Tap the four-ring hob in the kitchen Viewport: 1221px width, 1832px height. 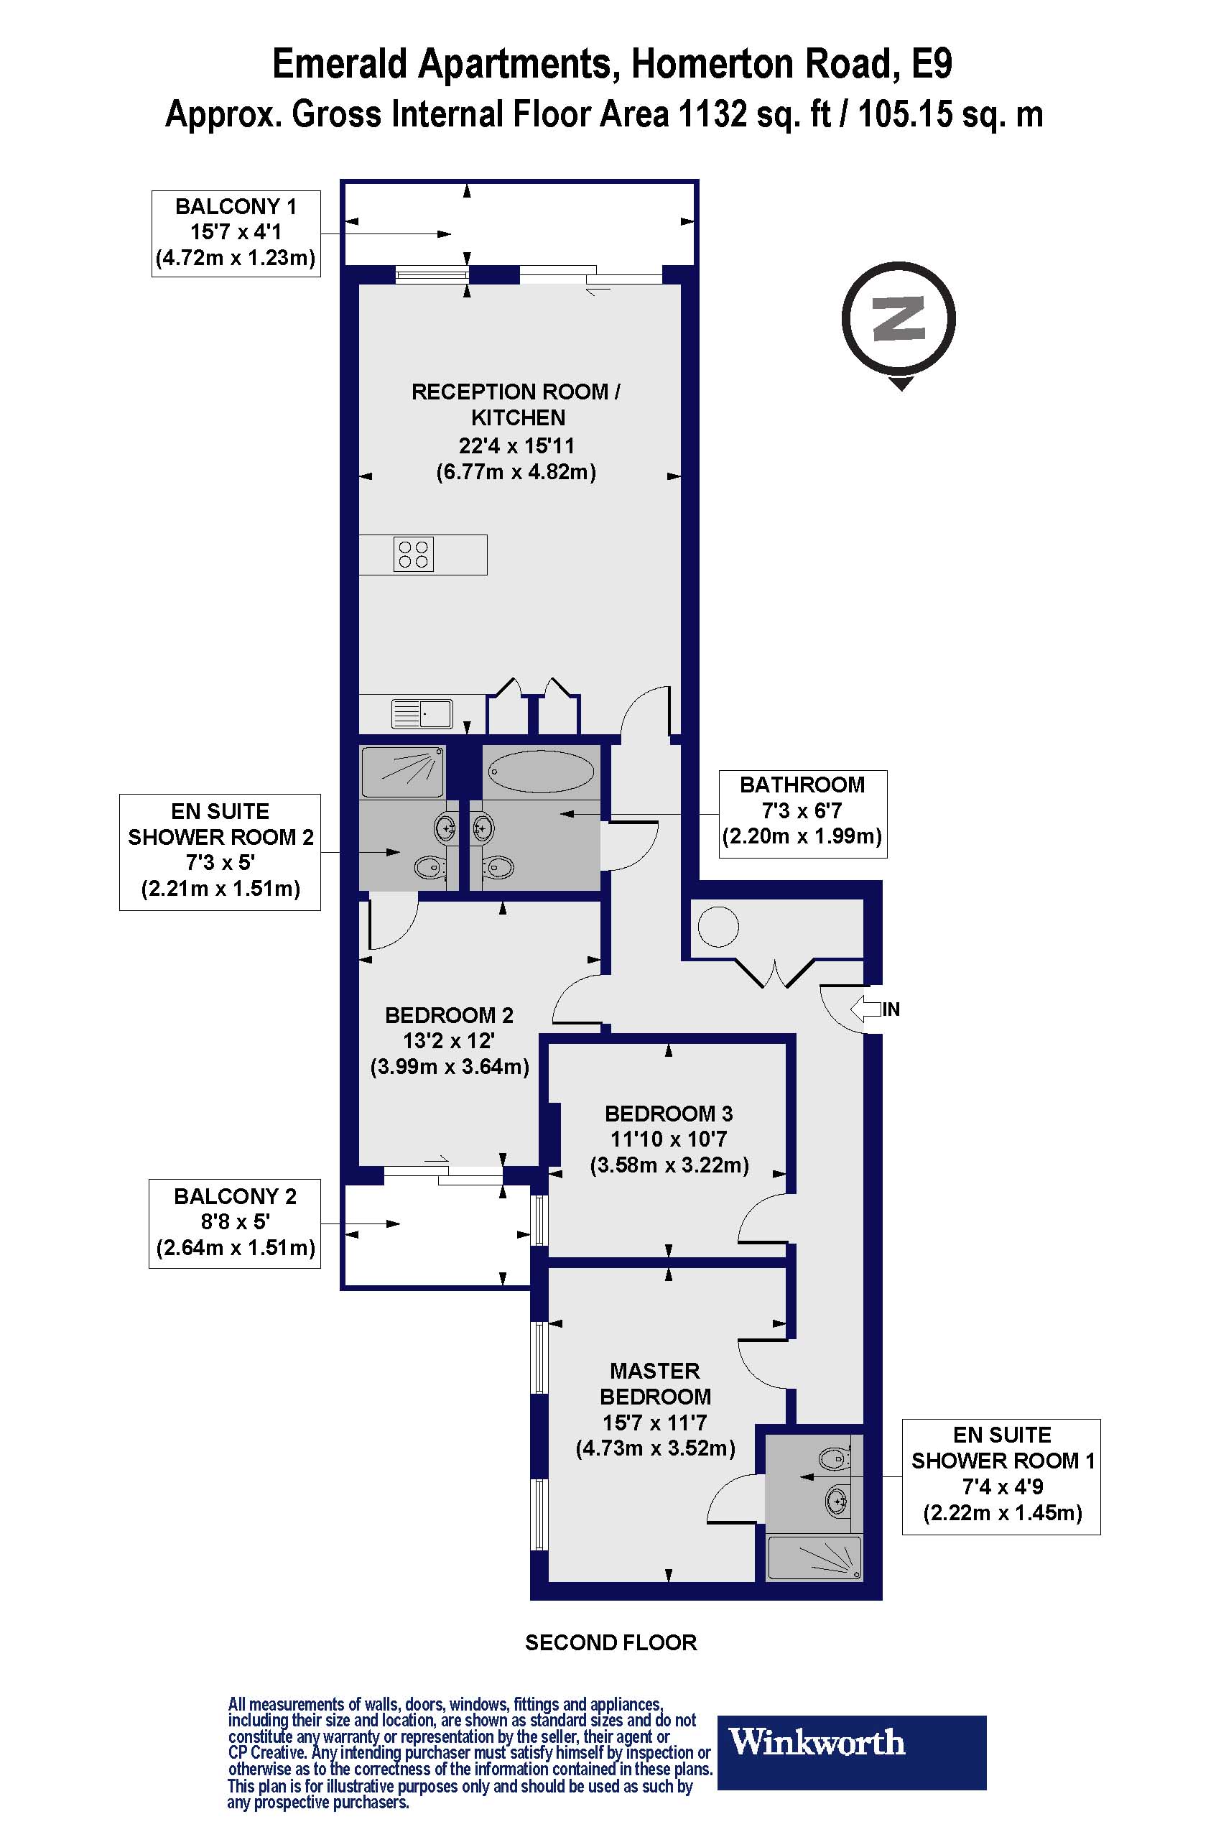click(414, 555)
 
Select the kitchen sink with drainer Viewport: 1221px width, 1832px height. click(422, 713)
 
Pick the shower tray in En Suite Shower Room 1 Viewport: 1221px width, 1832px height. click(815, 1558)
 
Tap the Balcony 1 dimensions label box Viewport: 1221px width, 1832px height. click(236, 233)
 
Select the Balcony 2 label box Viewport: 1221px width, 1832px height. click(234, 1223)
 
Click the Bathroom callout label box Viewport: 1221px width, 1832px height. click(803, 814)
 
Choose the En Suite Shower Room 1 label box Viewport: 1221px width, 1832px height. click(1001, 1477)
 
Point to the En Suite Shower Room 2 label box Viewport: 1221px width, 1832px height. click(220, 852)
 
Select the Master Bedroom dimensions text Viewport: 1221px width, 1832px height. click(655, 1435)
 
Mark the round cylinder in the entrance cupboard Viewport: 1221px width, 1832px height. click(718, 927)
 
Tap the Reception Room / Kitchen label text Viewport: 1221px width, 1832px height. click(516, 404)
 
